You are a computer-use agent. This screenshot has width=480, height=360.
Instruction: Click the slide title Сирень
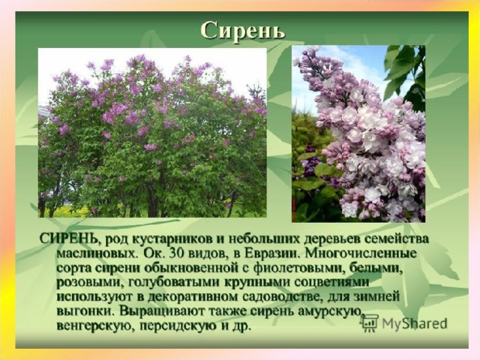pos(243,30)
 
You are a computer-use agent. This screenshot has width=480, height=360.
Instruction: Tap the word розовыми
pos(87,283)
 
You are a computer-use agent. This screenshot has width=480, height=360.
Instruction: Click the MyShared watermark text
pos(415,323)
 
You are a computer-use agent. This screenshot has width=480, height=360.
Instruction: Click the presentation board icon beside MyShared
pos(370,323)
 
